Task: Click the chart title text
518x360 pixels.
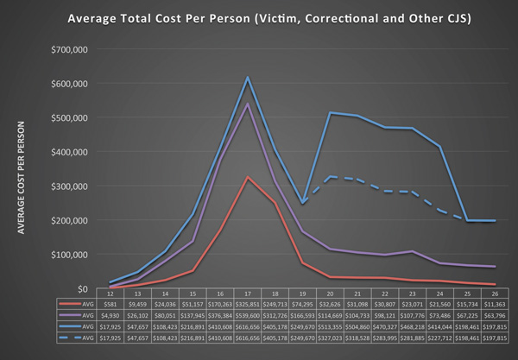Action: coord(259,18)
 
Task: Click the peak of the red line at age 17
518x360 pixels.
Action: coord(248,177)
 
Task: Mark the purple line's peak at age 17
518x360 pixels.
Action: coord(248,104)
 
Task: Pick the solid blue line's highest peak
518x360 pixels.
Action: coord(248,78)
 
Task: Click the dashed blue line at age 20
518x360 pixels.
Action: coord(330,176)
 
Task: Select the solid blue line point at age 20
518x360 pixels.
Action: coord(330,112)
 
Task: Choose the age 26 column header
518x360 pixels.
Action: coord(490,294)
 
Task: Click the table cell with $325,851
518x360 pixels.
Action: coord(248,306)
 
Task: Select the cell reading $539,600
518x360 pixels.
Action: coord(248,316)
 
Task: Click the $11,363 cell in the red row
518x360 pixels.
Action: coord(490,306)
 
